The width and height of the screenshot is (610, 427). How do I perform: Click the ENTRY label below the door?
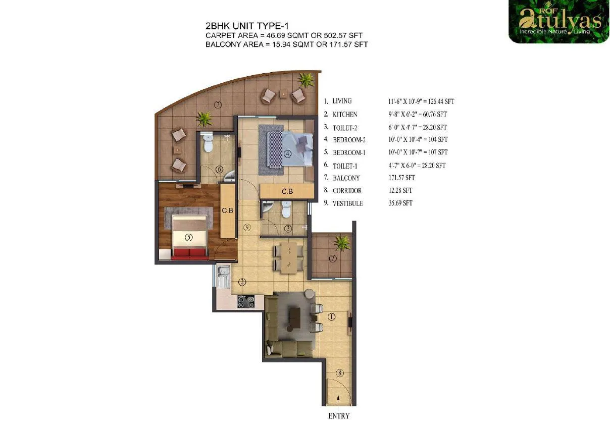[x=339, y=416]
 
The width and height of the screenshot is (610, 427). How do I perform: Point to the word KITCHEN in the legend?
[x=345, y=115]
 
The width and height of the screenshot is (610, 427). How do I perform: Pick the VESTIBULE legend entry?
[x=347, y=203]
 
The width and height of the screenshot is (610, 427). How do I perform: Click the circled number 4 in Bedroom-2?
[x=287, y=154]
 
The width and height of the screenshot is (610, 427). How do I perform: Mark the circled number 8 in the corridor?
[x=340, y=373]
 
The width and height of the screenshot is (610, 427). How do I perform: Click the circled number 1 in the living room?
[x=331, y=317]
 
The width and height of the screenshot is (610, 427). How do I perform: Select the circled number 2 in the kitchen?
[x=242, y=282]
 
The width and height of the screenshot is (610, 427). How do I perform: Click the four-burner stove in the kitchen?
[x=245, y=302]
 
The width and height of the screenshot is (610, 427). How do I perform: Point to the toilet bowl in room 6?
[x=208, y=144]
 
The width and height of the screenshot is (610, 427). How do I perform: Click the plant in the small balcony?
[x=342, y=243]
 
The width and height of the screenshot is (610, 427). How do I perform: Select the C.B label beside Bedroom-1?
[x=228, y=211]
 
